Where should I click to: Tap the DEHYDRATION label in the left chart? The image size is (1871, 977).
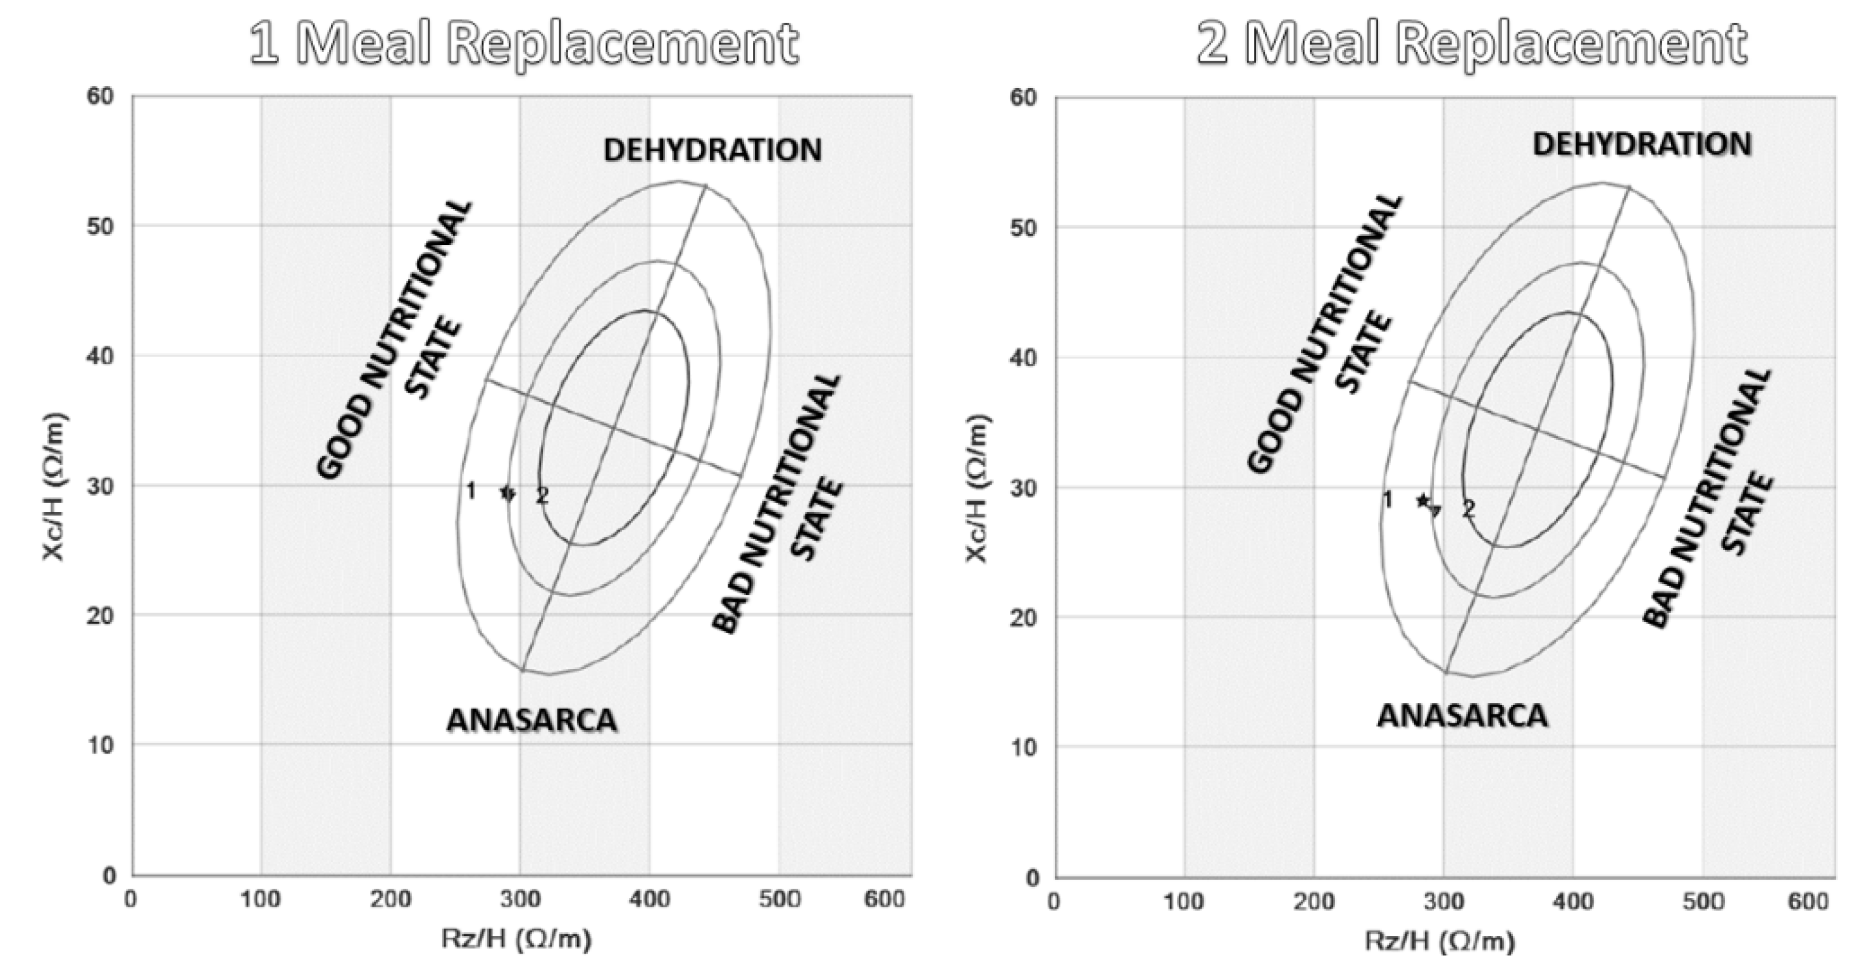[712, 151]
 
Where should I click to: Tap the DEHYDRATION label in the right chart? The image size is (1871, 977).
[1642, 144]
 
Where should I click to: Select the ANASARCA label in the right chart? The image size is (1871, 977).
[1463, 716]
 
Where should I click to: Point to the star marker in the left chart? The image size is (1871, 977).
[507, 493]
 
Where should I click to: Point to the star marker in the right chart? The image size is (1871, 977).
[1422, 501]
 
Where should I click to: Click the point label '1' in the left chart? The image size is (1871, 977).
[471, 492]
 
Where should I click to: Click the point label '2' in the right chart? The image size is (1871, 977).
[1468, 509]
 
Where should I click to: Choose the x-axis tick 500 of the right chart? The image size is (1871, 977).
[1703, 902]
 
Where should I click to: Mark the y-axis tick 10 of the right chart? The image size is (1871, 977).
[1024, 747]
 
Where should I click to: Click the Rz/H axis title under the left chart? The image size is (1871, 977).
[516, 939]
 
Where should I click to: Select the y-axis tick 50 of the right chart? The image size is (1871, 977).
[1024, 228]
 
